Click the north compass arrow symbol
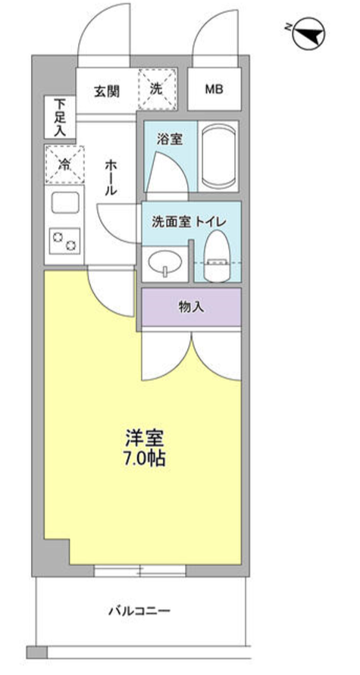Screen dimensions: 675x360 (x=306, y=33)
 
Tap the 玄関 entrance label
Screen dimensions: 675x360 (x=105, y=90)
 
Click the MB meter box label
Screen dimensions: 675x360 (x=214, y=89)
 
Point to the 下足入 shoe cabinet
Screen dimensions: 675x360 (x=59, y=117)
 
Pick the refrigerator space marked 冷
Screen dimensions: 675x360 (x=64, y=163)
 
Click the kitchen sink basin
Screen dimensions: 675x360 (x=65, y=205)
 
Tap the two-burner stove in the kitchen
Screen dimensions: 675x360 (x=65, y=242)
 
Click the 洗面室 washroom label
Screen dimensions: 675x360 (x=167, y=222)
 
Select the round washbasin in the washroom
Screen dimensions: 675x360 (x=163, y=264)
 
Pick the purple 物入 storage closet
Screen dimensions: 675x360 (x=191, y=307)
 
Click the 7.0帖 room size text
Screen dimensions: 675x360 (x=145, y=458)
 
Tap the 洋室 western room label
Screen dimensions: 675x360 (x=144, y=438)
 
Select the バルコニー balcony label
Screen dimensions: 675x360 (x=139, y=610)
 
